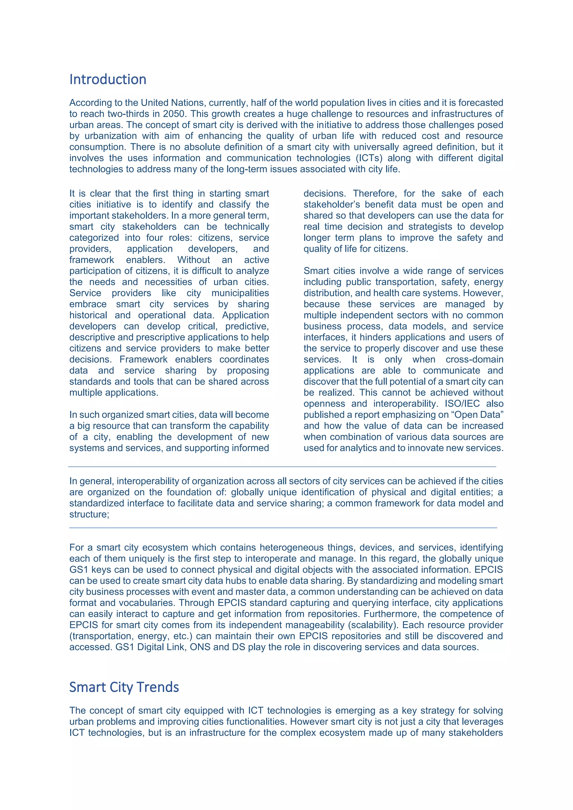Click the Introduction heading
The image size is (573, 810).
(108, 79)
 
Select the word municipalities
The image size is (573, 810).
(240, 293)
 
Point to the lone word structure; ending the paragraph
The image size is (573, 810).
(89, 514)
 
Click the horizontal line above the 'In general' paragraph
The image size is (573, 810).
(282, 467)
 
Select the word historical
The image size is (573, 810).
(88, 315)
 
